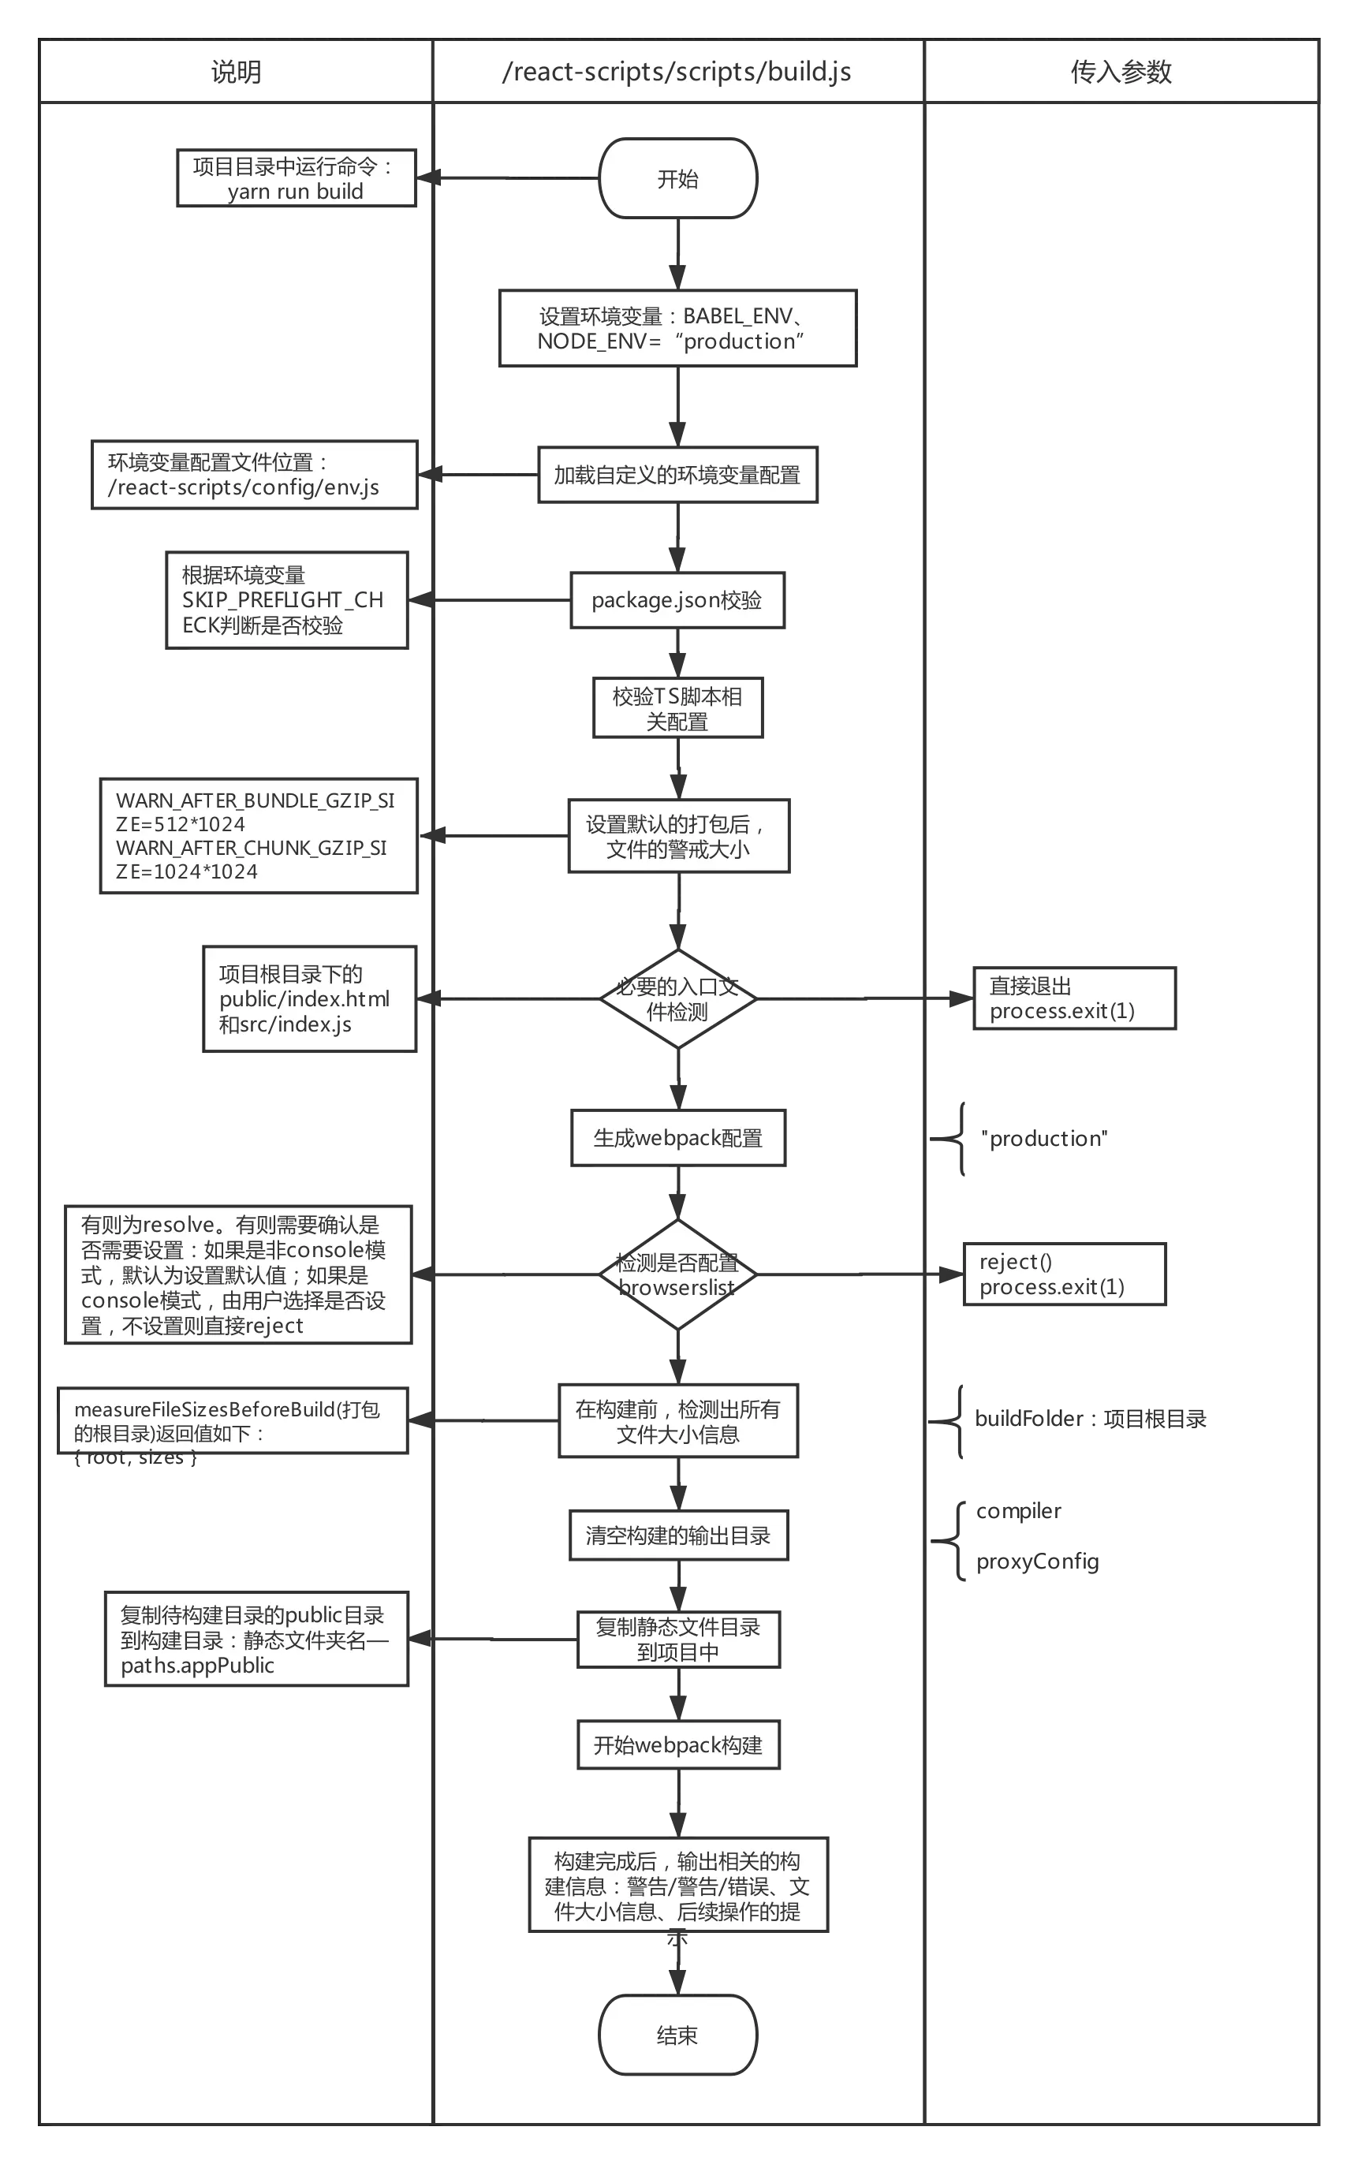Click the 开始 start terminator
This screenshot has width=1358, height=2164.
pos(677,179)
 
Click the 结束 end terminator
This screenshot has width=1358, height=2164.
pos(677,2035)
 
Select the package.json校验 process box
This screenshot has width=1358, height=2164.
pos(677,600)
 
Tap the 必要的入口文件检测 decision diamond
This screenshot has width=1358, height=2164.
pos(677,998)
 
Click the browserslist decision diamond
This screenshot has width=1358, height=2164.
pos(677,1274)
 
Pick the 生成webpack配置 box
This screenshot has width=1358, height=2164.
pos(677,1138)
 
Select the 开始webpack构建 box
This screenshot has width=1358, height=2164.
pos(677,1744)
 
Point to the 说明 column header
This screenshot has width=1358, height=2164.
pos(237,72)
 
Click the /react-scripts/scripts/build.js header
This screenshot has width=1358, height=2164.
pos(677,72)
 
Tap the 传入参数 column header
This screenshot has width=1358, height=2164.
pos(1121,72)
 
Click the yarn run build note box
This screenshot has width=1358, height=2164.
pos(296,179)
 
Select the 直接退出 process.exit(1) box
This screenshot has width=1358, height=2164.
pos(1074,998)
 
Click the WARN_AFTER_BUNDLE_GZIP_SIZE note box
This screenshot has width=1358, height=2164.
pos(258,836)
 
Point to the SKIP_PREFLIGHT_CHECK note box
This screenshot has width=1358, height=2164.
pos(286,600)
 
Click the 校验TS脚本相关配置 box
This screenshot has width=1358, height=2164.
pos(677,709)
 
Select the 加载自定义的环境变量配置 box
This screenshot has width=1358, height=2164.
pos(677,475)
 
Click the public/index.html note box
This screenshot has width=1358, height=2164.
pos(310,998)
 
